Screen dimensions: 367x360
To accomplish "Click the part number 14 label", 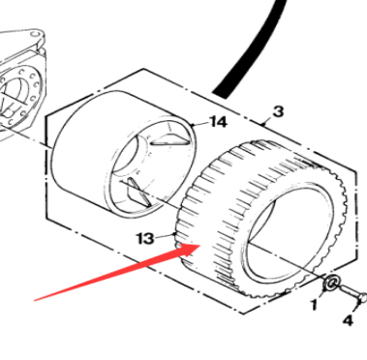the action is tap(218, 122).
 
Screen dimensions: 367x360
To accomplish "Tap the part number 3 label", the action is tap(278, 111).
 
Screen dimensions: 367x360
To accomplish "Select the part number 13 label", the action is tap(145, 239).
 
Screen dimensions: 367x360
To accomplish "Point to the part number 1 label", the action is tap(314, 305).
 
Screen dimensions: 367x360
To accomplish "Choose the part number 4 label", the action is tap(348, 320).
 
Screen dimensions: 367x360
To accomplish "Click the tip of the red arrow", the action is tap(200, 245).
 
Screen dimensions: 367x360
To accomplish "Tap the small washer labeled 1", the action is tap(331, 284).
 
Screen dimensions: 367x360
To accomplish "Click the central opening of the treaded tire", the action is tap(284, 233).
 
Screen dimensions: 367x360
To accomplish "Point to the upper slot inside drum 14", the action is tap(170, 139).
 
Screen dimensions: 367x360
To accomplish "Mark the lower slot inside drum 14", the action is tap(138, 192).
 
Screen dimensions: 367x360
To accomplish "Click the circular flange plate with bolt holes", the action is tap(20, 96).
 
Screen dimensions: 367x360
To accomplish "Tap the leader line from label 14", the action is tap(200, 124).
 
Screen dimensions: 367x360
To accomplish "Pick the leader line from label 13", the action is tap(166, 236).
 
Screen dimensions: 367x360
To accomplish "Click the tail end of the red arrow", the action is tap(35, 301).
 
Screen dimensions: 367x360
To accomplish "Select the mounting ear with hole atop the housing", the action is tap(36, 35).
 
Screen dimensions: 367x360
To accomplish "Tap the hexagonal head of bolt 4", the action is tap(362, 297).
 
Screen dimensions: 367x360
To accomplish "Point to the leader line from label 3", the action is tap(267, 120).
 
